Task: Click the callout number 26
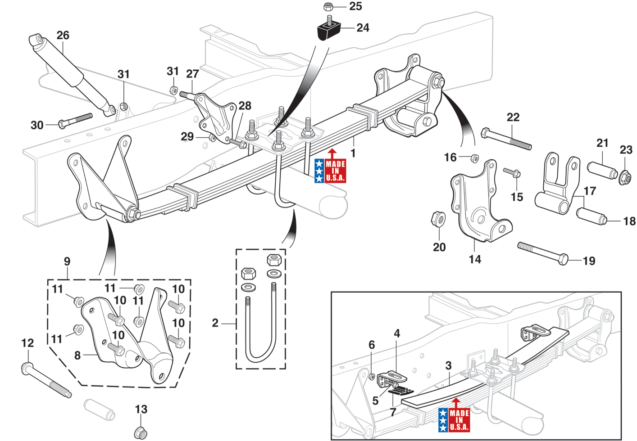tap(63, 35)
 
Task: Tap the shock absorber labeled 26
tap(72, 74)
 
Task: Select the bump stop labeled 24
tap(329, 31)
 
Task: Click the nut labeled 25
tap(328, 7)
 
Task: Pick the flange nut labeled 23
tap(625, 178)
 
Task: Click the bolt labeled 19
tap(542, 253)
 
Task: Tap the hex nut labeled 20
tap(438, 219)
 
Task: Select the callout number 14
tap(475, 259)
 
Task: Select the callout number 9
tap(67, 261)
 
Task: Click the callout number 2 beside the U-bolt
tap(215, 323)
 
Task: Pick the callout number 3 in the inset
tap(448, 365)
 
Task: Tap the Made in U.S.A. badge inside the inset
tap(454, 419)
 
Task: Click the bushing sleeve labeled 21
tap(601, 170)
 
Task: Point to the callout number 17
tap(590, 191)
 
